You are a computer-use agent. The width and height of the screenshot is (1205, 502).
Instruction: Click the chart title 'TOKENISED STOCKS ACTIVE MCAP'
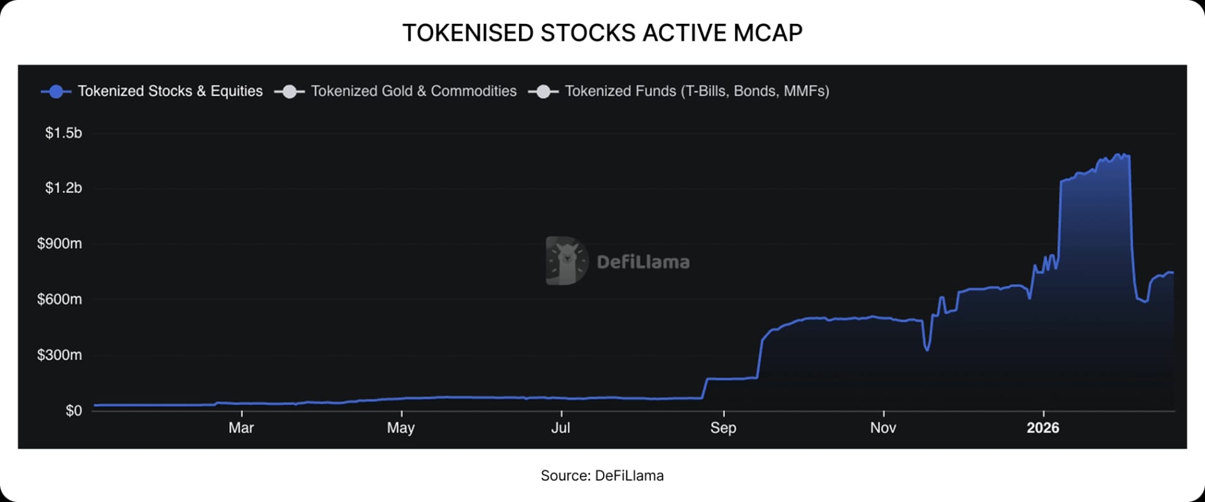coord(602,33)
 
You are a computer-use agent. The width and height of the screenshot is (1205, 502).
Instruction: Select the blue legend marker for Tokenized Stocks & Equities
coord(56,92)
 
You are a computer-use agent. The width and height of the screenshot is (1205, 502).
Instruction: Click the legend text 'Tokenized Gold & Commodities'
coord(414,92)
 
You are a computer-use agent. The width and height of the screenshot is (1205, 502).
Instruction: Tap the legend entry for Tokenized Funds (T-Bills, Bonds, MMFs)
coord(697,92)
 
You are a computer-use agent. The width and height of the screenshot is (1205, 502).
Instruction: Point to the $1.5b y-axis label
coord(63,133)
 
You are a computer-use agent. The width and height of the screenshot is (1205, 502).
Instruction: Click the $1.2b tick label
coord(63,188)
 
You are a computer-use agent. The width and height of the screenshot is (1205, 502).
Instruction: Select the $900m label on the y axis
coord(60,243)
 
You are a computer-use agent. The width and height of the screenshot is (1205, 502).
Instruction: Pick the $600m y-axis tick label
coord(60,299)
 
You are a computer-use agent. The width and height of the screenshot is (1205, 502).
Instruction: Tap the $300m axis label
coord(60,355)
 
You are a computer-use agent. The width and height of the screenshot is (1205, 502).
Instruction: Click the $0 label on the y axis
coord(73,411)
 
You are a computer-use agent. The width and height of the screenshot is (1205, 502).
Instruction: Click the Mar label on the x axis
coord(241,428)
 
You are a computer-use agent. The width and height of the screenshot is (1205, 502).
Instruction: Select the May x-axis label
coord(400,428)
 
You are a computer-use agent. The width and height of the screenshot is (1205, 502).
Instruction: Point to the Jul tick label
coord(560,428)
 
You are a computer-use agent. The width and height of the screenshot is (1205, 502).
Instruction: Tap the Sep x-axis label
coord(723,428)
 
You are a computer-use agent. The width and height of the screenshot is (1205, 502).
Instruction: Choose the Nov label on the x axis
coord(882,428)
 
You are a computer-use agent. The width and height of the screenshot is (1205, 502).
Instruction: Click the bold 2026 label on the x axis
coord(1042,428)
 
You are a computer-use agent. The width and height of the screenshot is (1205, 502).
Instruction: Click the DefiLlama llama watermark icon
coord(566,261)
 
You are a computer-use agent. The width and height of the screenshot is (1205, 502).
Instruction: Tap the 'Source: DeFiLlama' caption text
coord(602,476)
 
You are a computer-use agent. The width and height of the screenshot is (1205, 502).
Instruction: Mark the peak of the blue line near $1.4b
coord(1118,154)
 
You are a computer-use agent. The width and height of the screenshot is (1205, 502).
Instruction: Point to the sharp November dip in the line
coord(927,349)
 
